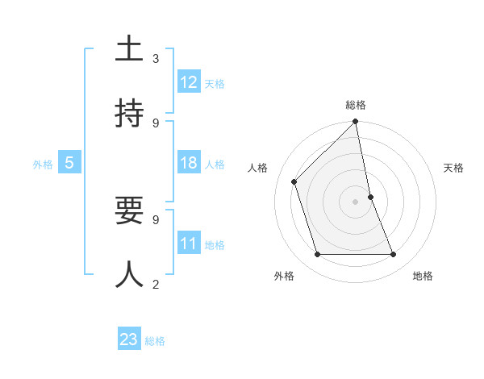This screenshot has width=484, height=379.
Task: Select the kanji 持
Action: (129, 114)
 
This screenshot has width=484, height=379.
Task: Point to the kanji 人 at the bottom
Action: (129, 274)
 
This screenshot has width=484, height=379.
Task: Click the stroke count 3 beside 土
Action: (156, 59)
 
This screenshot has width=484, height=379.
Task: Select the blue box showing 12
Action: (189, 82)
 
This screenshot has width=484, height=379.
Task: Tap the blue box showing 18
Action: (189, 163)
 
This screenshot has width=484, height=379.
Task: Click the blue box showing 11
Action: (189, 244)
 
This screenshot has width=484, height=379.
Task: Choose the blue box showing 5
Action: (69, 163)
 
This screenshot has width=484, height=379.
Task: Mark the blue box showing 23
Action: (129, 339)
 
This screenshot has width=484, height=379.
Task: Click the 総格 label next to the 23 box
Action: (156, 341)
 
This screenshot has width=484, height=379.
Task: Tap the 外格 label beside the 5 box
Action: (43, 165)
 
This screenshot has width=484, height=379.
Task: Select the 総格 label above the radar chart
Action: (356, 105)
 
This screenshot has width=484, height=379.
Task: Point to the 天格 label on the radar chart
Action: (454, 168)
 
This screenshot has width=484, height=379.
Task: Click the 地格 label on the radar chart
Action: (423, 276)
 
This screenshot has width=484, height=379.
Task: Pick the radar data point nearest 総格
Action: (356, 122)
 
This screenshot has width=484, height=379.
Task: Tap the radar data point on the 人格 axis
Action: (294, 181)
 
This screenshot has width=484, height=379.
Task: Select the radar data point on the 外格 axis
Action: (318, 254)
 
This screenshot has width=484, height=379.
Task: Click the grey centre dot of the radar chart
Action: (356, 202)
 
